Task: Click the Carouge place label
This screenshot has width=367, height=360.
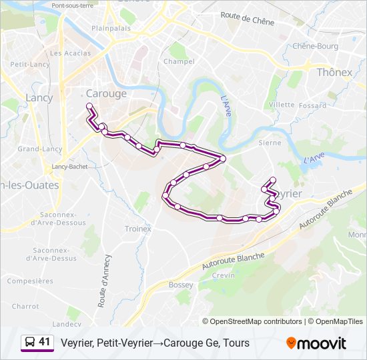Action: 106,93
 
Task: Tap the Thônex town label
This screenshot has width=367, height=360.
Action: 334,71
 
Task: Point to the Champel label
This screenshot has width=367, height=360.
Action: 179,61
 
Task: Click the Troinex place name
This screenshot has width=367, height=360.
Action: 139,229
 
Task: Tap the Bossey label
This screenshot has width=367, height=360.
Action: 181,285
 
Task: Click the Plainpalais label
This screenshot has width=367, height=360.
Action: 109,29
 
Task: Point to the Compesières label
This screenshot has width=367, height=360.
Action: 30,281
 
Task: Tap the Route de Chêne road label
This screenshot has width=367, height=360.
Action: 247,21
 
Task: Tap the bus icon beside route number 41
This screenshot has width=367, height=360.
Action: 30,343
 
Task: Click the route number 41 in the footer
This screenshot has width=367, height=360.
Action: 45,342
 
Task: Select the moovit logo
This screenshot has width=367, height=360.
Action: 316,343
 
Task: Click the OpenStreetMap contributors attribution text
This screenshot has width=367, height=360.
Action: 256,321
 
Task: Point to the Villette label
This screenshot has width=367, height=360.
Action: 282,105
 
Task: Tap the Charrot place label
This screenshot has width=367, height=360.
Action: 25,306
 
